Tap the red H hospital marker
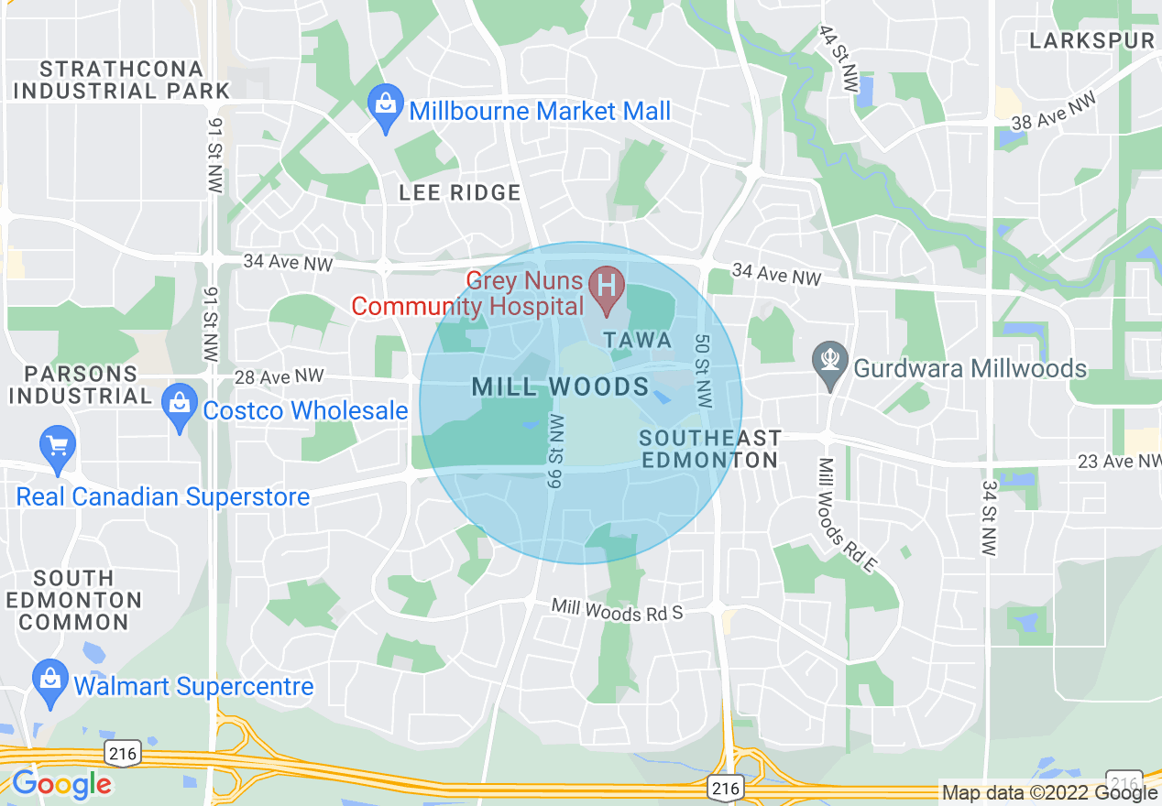(x=606, y=285)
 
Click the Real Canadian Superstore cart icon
(x=58, y=449)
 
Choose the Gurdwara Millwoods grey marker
(x=830, y=364)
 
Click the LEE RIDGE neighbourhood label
(x=460, y=192)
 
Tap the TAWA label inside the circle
(x=638, y=341)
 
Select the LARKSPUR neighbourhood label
(x=1091, y=40)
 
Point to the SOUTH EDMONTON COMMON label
(x=74, y=600)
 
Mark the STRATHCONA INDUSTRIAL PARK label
(x=122, y=80)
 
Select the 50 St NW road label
(x=703, y=371)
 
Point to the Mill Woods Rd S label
(x=617, y=610)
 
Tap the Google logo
(x=61, y=784)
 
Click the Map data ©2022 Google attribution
(x=1050, y=792)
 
